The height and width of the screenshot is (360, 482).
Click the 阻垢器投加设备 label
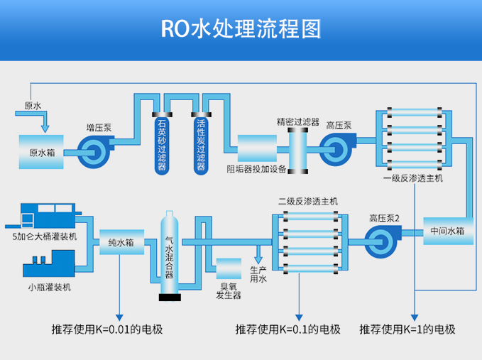pyautogui.click(x=256, y=169)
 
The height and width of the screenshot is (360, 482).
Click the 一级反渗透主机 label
pyautogui.click(x=412, y=179)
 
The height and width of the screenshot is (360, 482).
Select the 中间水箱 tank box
pyautogui.click(x=447, y=231)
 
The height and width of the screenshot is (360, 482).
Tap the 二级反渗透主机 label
pyautogui.click(x=307, y=201)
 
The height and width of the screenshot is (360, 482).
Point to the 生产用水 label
pyautogui.click(x=258, y=275)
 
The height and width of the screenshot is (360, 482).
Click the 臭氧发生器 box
pyautogui.click(x=229, y=268)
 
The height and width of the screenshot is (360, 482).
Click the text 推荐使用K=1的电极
pyautogui.click(x=407, y=329)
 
